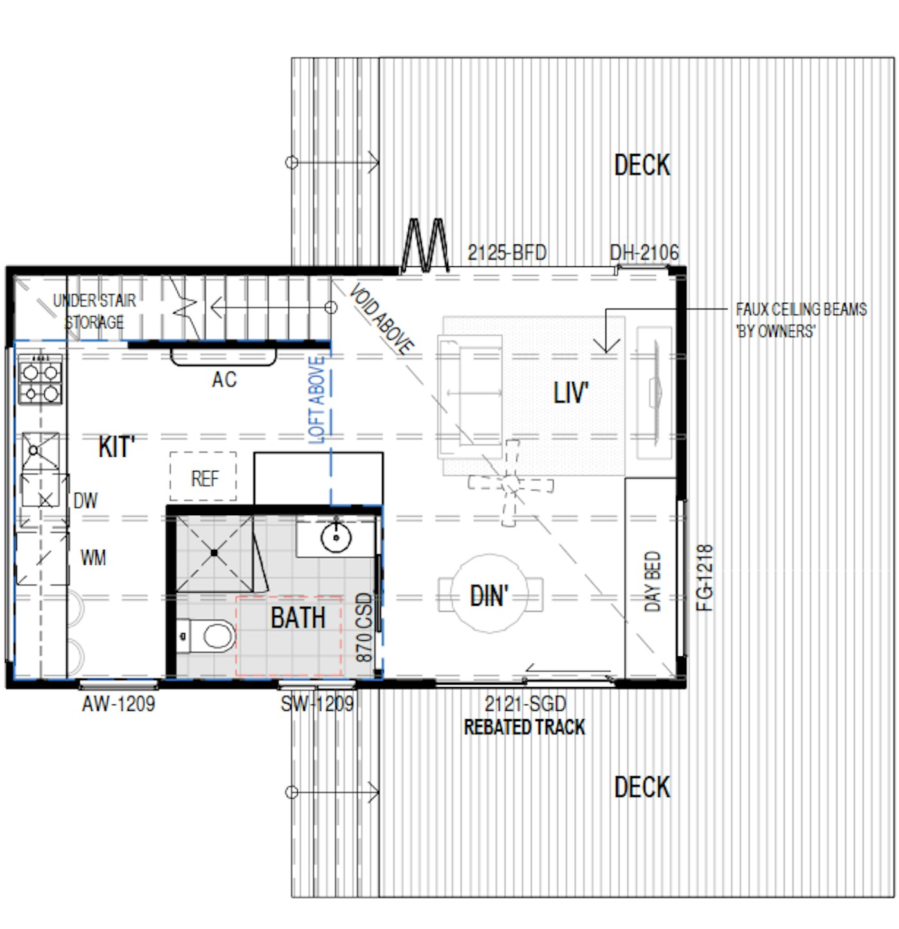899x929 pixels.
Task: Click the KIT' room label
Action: coord(116,447)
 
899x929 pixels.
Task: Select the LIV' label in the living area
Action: coord(570,393)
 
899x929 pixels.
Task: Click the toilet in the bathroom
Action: coord(207,636)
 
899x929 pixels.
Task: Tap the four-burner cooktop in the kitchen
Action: coord(40,379)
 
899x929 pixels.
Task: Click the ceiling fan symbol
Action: coord(511,484)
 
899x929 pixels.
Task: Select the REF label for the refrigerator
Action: coord(205,478)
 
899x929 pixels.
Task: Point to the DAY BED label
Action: coord(652,581)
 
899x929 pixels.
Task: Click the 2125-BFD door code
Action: coord(507,253)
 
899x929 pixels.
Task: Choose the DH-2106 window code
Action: coord(644,252)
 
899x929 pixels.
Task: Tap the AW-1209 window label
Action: coord(119,703)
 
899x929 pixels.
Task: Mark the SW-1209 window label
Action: coord(317,703)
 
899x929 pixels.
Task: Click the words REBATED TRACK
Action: coord(524,727)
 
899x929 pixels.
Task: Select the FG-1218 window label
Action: coord(704,577)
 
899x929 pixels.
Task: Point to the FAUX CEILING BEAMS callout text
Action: coord(801,320)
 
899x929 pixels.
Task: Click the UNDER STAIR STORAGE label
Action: coord(94,311)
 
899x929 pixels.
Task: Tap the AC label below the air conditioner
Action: coord(224,380)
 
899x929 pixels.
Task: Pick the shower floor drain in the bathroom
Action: coord(214,553)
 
